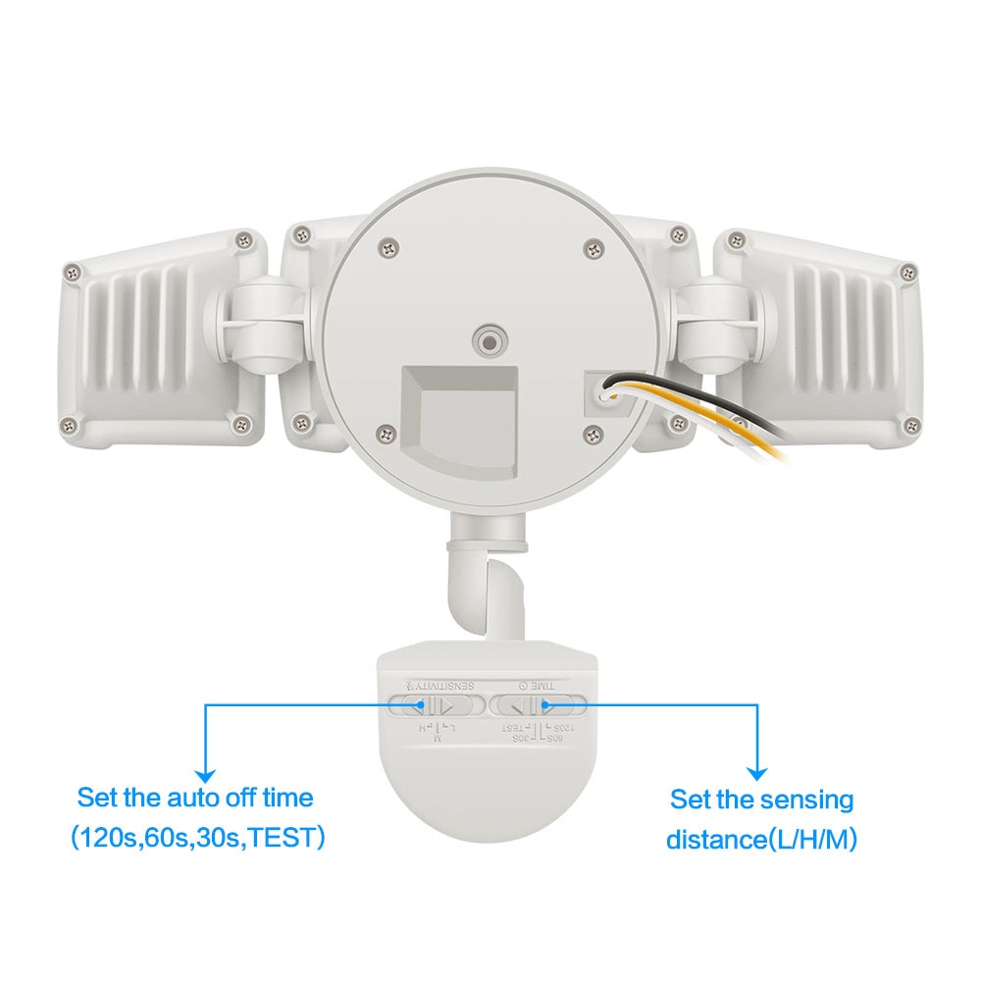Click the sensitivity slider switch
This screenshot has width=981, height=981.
436,705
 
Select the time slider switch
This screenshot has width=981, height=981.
538,705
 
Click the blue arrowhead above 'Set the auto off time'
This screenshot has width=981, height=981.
204,772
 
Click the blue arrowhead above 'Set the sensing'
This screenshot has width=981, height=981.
757,772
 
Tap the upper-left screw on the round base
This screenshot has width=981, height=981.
389,250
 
